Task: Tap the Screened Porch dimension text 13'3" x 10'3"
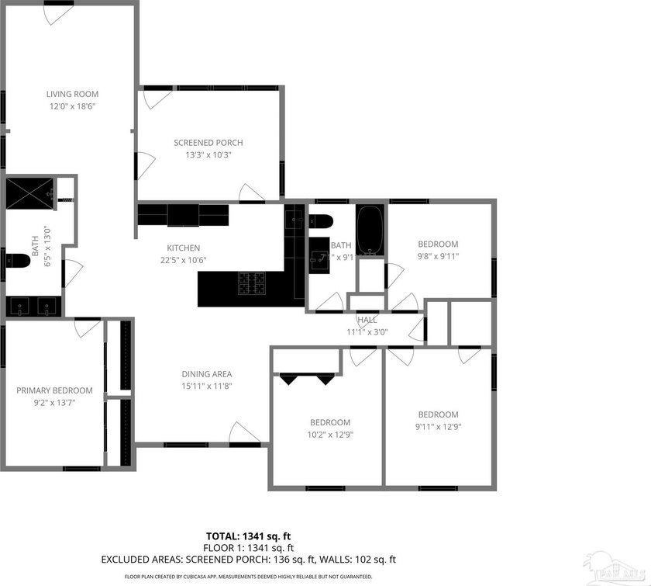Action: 208,154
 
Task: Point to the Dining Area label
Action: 207,373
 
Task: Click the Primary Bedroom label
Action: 54,390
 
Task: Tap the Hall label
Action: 367,320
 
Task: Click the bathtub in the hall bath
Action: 370,230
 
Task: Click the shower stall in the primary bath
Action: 29,192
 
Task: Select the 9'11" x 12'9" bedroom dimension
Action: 438,426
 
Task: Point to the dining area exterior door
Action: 244,433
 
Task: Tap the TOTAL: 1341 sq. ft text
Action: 249,536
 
